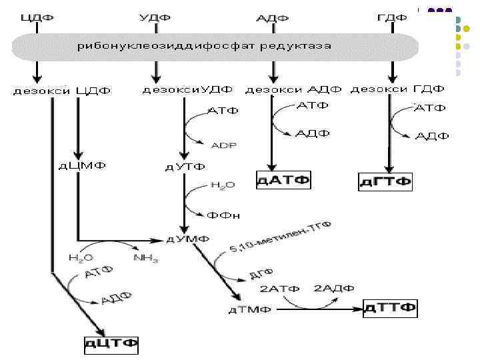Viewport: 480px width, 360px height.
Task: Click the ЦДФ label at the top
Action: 37,17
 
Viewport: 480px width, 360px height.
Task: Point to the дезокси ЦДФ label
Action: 63,90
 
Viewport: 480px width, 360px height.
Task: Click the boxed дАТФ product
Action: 284,180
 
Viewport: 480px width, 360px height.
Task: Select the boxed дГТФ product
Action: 385,181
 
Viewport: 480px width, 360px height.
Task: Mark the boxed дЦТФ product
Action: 111,344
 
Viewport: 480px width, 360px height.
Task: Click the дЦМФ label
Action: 80,165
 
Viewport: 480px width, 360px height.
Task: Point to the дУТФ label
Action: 185,166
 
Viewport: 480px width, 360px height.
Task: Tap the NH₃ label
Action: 146,258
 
